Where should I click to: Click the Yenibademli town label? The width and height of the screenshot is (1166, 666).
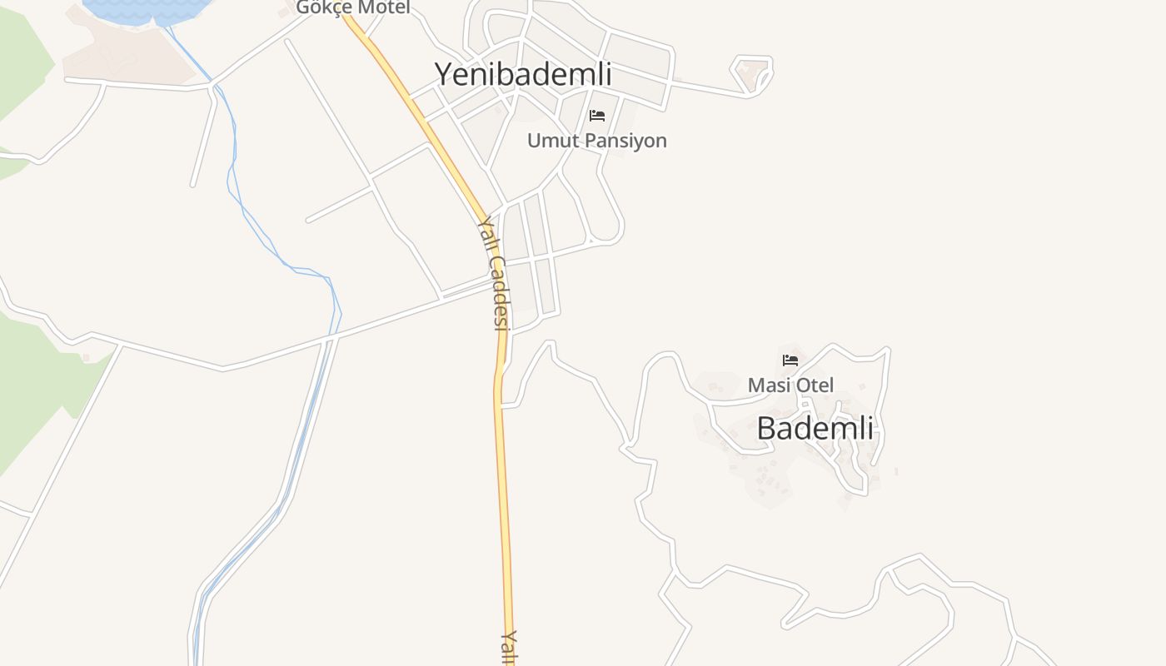(x=523, y=74)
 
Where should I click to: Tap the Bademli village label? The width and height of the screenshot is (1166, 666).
(x=815, y=428)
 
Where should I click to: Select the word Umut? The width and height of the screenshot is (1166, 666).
(x=551, y=140)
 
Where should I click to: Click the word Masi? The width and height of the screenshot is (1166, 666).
(x=768, y=385)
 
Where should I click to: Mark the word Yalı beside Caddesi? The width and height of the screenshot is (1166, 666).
(x=486, y=232)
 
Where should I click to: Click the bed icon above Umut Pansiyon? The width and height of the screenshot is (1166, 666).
(x=597, y=116)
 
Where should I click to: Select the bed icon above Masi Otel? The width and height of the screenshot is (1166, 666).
(x=790, y=360)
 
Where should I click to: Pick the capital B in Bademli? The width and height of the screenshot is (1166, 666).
(x=768, y=428)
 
